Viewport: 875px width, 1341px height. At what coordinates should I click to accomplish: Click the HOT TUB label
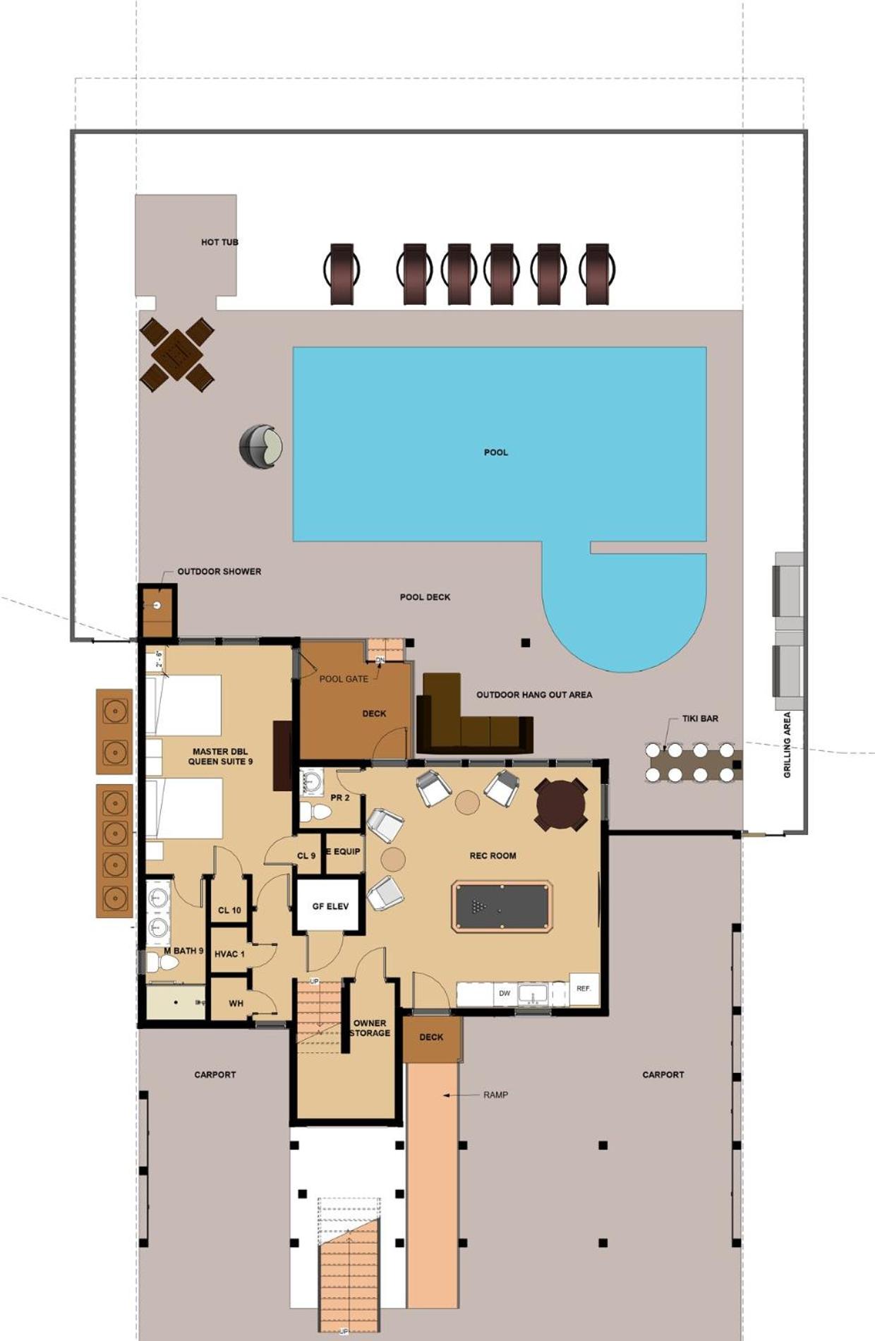[219, 242]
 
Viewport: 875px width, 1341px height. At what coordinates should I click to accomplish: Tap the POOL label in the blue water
[496, 452]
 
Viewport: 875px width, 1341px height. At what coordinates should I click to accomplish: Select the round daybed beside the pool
[261, 446]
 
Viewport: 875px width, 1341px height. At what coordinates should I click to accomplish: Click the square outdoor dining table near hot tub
[176, 354]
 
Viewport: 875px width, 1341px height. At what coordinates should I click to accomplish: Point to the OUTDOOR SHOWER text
[219, 572]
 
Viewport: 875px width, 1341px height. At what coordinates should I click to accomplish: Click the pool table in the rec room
[502, 907]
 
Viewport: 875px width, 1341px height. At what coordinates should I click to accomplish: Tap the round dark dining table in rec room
[561, 804]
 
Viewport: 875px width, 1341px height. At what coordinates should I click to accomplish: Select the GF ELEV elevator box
[330, 906]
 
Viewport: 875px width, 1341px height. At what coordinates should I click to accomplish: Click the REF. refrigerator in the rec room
[584, 989]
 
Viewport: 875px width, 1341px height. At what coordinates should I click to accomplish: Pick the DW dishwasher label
[505, 994]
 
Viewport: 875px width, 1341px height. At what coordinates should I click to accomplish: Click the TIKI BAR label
[700, 718]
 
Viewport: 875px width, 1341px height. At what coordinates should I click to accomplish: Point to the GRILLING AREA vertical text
[787, 745]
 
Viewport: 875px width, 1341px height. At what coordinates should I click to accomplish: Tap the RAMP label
[496, 1095]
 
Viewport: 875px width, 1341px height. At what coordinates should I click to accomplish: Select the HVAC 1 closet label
[229, 954]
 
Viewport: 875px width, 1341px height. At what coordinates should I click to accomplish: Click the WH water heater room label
[236, 1003]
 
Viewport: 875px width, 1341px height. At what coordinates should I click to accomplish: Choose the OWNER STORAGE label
[370, 1028]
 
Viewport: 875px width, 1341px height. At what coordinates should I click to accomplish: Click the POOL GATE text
[344, 679]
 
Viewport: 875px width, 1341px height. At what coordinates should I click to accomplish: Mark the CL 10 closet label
[229, 910]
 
